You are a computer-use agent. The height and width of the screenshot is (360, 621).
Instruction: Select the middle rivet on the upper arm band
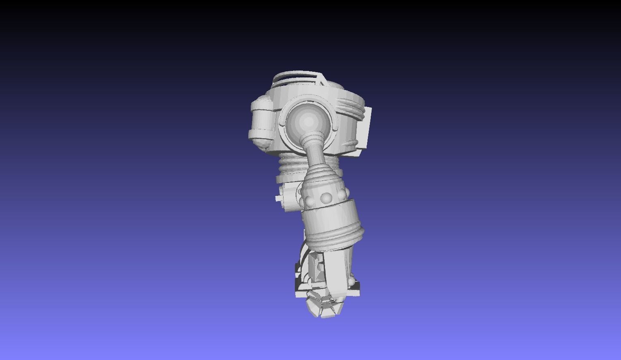326,198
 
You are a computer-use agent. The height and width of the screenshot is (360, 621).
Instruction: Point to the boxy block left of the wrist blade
315,268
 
